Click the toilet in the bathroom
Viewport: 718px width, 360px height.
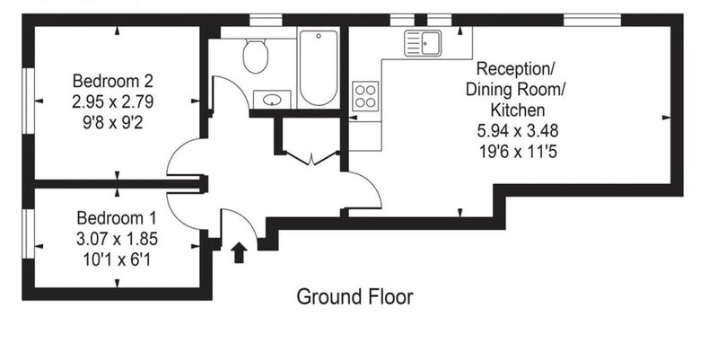pos(255,56)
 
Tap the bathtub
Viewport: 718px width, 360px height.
pos(319,67)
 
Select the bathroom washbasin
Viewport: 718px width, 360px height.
pos(272,100)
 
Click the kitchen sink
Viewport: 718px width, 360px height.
pos(423,43)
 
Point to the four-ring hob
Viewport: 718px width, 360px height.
pos(365,96)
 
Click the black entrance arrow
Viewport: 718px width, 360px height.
pos(239,252)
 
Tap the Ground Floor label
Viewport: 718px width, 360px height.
pos(355,297)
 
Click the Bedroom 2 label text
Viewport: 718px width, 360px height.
pos(113,81)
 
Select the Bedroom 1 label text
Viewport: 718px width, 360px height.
pos(117,217)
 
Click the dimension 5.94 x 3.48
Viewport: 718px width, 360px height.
pos(518,131)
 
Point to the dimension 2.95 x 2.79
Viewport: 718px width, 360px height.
pos(113,101)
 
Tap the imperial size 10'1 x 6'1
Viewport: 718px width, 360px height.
pos(117,260)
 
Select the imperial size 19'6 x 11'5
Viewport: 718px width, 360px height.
pos(518,151)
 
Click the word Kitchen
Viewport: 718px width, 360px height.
pos(518,110)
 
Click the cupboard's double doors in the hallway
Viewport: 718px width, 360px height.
pos(311,157)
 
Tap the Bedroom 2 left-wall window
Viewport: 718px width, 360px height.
pos(29,101)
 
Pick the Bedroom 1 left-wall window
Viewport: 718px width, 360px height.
pos(29,233)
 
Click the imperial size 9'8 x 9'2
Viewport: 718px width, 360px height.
pos(113,123)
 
